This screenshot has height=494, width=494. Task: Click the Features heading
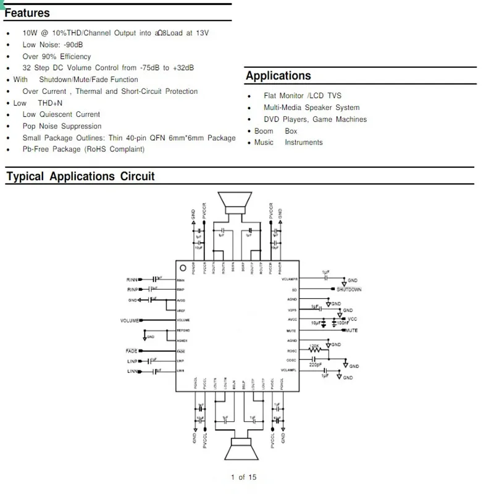tap(27, 13)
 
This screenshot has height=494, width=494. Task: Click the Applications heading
tap(278, 76)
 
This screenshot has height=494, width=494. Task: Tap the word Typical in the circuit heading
tap(25, 177)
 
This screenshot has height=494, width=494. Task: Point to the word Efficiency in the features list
tap(75, 56)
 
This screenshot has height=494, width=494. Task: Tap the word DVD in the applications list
tap(272, 119)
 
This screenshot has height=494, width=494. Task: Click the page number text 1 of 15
tap(243, 477)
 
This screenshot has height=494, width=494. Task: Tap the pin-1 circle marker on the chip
tap(183, 269)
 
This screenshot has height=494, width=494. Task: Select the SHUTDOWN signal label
tap(349, 290)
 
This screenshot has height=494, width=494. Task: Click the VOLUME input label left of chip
tap(130, 320)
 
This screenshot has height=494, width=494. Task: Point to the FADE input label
tap(131, 351)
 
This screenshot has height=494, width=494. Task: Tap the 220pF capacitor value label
tap(316, 365)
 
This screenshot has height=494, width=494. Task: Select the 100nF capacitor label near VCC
tap(343, 324)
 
